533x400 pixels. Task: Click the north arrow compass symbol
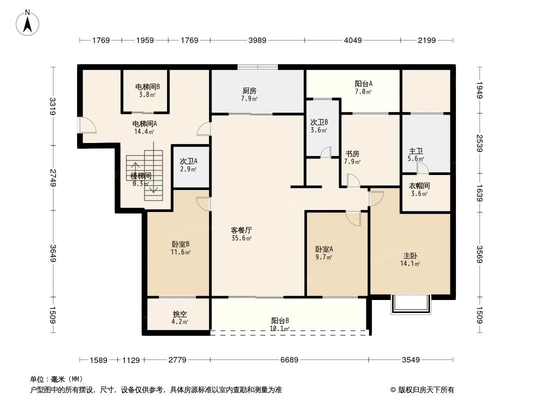27,22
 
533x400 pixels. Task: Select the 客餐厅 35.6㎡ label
241,234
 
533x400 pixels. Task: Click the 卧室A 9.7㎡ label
324,253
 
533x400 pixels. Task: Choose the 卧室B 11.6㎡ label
180,248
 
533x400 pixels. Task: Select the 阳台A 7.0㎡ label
363,87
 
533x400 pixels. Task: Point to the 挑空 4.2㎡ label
180,318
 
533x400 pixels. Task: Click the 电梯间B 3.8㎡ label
147,90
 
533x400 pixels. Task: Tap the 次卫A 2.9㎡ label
188,165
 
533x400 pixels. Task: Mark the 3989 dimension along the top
257,40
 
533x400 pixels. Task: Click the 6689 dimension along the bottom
289,359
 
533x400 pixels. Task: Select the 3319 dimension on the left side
52,106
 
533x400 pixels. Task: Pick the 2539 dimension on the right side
479,143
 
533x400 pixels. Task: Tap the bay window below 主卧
410,304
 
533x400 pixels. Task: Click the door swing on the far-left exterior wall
87,124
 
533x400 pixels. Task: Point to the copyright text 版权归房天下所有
426,390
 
